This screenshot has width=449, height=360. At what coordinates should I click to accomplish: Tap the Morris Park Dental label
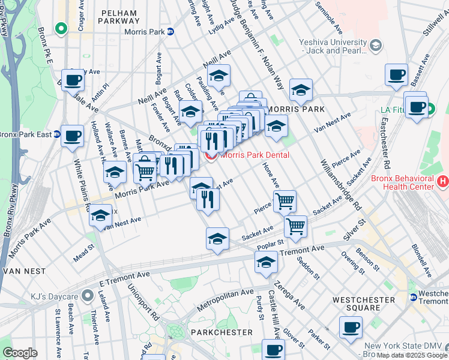coord(255,155)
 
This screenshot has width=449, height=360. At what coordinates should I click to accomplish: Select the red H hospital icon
coord(443,180)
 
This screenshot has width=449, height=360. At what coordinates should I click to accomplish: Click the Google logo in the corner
coord(20,353)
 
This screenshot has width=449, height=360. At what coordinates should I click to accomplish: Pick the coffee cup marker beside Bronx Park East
coord(72,136)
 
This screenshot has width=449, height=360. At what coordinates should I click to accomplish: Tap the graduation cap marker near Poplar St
coord(217,239)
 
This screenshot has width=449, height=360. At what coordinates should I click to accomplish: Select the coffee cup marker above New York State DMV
coord(351,328)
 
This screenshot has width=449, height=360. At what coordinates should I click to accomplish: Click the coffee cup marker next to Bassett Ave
coord(396,75)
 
